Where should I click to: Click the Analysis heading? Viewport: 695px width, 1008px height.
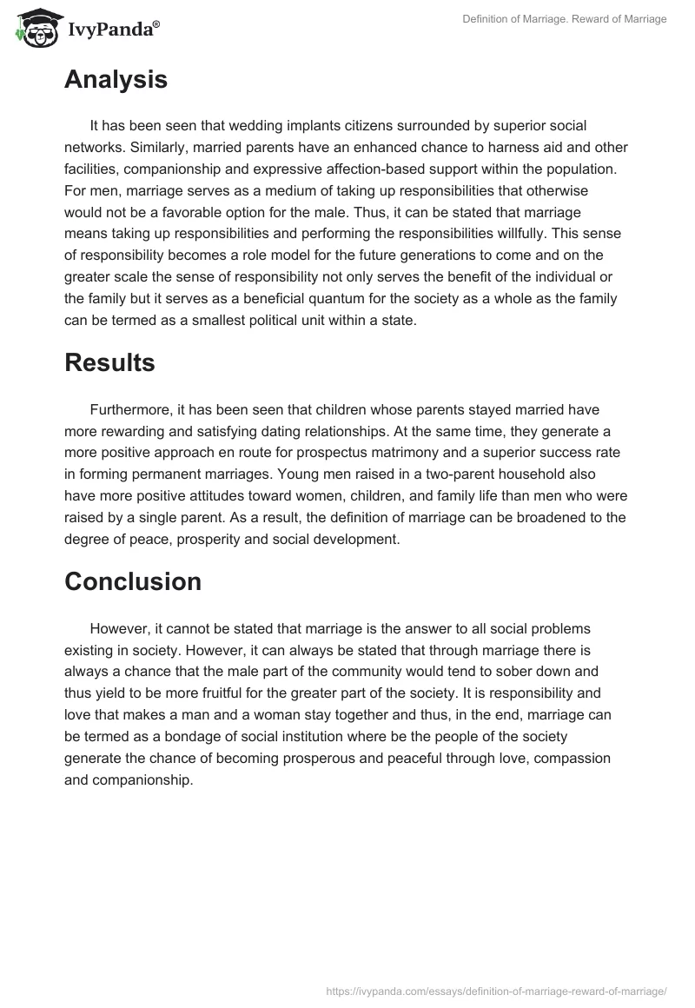click(116, 80)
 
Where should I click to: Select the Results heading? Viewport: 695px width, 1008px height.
click(109, 362)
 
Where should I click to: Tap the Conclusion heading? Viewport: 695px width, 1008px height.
click(133, 580)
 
